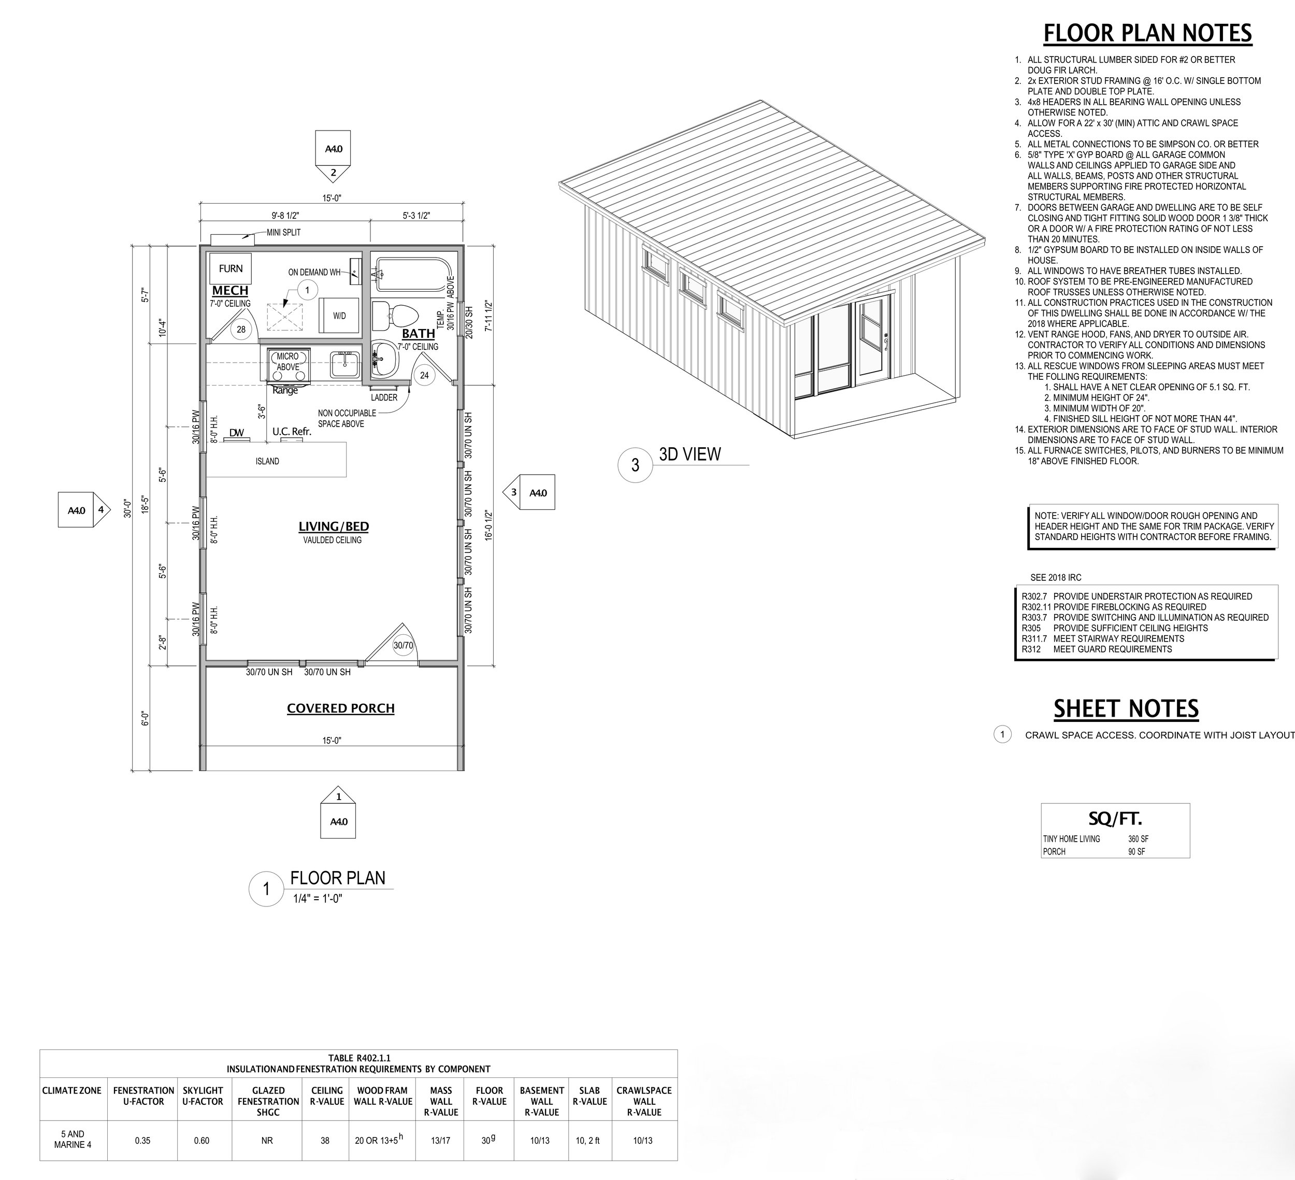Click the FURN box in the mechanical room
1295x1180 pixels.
tap(231, 268)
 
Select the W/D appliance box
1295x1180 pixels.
tap(339, 316)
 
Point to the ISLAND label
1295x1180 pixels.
tap(267, 461)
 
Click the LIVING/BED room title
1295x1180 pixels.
tap(334, 527)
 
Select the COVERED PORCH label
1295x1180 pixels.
tap(340, 708)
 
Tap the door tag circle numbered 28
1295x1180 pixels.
tap(241, 330)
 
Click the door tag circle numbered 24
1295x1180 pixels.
tap(424, 375)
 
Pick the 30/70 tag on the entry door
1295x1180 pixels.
tap(403, 645)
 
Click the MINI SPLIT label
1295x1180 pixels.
tap(283, 233)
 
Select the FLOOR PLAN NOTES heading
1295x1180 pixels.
tap(1147, 33)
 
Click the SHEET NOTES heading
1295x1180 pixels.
tap(1126, 708)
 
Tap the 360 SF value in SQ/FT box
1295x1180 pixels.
tap(1138, 838)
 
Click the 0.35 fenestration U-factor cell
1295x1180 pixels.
tap(142, 1141)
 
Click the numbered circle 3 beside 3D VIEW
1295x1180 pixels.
tap(635, 465)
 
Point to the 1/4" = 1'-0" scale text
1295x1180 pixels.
tap(318, 899)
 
